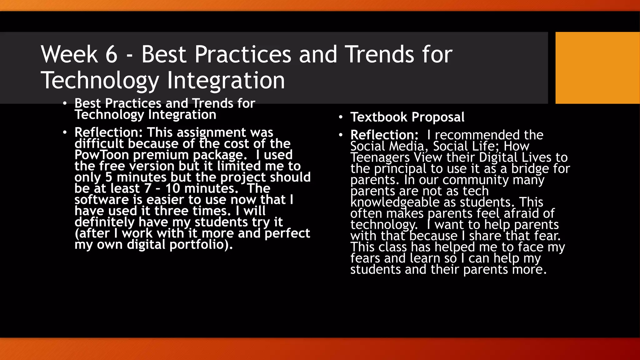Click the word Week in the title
coord(69,54)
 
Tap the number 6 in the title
coord(111,54)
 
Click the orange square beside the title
coord(597,68)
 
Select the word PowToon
coord(102,155)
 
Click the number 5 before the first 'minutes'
coord(108,177)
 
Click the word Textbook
coord(379,117)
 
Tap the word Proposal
coord(438,117)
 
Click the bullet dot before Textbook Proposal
coord(341,117)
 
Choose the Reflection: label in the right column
coord(384,135)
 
